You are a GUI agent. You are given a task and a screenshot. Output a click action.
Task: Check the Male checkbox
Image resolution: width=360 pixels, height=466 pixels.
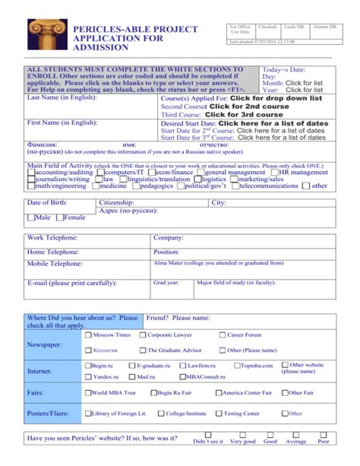coord(30,217)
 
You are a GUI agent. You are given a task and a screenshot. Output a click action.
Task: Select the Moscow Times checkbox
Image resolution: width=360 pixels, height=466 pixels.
coord(88,334)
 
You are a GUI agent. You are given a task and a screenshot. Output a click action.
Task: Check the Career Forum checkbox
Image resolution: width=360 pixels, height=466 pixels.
coord(222,334)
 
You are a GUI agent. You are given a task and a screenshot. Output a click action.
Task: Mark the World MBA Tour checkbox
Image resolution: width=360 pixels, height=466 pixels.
coord(87,393)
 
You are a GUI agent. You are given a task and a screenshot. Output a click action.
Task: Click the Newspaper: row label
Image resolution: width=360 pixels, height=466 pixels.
coord(45,344)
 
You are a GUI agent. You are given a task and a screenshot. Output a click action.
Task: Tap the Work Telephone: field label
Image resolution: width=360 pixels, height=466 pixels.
coord(52,238)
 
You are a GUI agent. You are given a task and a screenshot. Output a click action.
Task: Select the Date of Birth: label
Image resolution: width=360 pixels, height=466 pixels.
coord(47,203)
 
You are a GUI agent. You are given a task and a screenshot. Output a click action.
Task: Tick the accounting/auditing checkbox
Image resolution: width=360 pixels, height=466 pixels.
coord(30,173)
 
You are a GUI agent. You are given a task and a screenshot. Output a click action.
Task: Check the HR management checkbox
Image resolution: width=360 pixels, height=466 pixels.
coord(276,173)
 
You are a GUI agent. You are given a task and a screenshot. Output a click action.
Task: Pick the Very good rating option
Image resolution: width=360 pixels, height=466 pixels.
coord(242,441)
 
